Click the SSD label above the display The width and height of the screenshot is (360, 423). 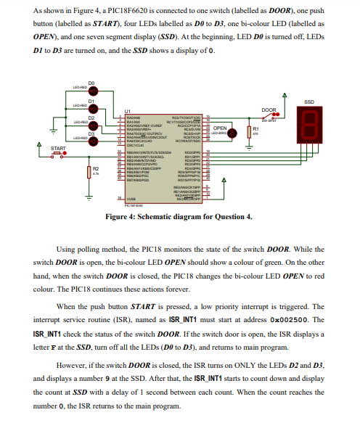pos(308,101)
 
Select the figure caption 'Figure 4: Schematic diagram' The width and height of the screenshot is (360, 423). pos(179,216)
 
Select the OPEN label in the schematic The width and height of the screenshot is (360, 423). pos(221,127)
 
